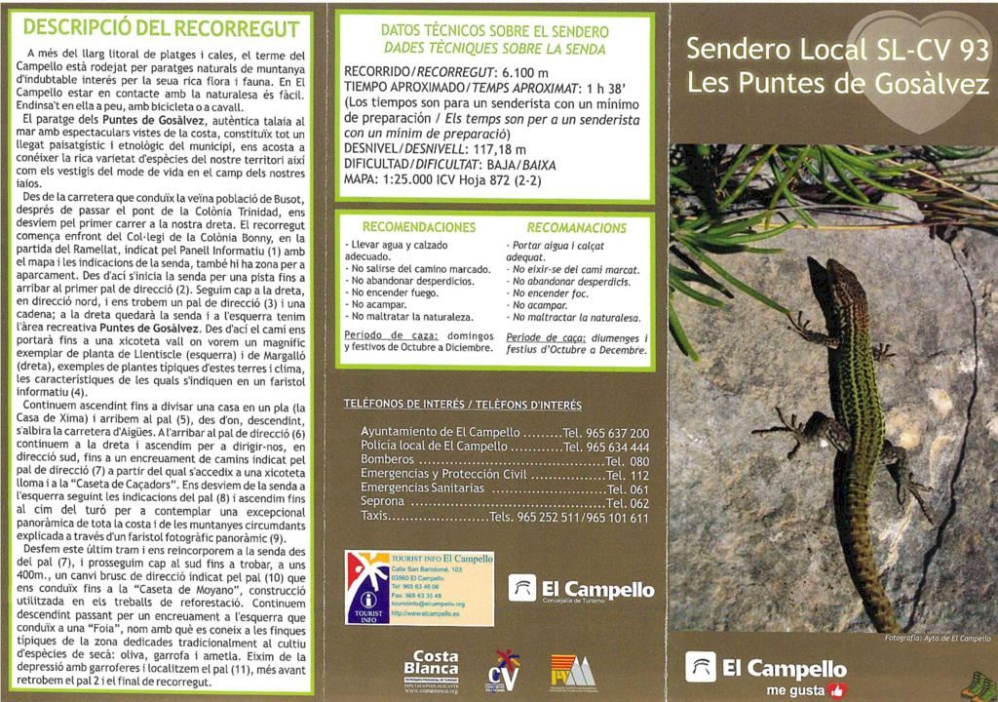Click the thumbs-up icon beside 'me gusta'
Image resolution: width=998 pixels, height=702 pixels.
pos(836,690)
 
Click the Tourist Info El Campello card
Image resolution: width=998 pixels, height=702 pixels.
pos(420,587)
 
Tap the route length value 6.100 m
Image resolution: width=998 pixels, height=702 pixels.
pos(525,72)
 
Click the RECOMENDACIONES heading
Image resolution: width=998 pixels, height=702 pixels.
pos(418,227)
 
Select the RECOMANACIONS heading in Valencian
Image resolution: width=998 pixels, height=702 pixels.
pos(577,227)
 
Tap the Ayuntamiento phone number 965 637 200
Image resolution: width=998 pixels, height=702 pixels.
pos(613,433)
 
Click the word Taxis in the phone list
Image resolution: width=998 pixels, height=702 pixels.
pos(374,517)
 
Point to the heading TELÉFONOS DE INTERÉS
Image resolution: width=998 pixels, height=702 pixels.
pos(462,405)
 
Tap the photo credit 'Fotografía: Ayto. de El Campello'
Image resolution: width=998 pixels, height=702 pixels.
pos(937,638)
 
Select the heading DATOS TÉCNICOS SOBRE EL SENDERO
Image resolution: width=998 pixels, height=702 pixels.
pos(494,31)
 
